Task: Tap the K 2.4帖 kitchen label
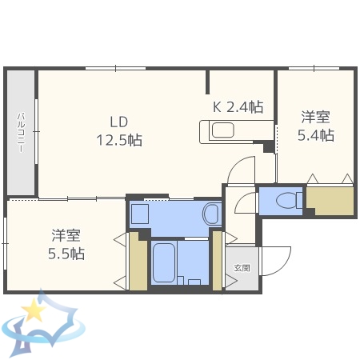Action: (x=238, y=106)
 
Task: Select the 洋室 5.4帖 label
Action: (x=315, y=125)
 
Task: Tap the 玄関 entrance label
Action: (x=241, y=267)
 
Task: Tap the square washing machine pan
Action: (x=141, y=214)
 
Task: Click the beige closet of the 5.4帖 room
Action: (x=330, y=200)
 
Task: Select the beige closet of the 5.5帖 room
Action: (x=138, y=260)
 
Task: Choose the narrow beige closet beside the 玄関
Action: (x=217, y=260)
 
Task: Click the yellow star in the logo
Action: (x=34, y=310)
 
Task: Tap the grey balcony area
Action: (x=21, y=133)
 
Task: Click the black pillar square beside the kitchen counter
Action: (x=268, y=147)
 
